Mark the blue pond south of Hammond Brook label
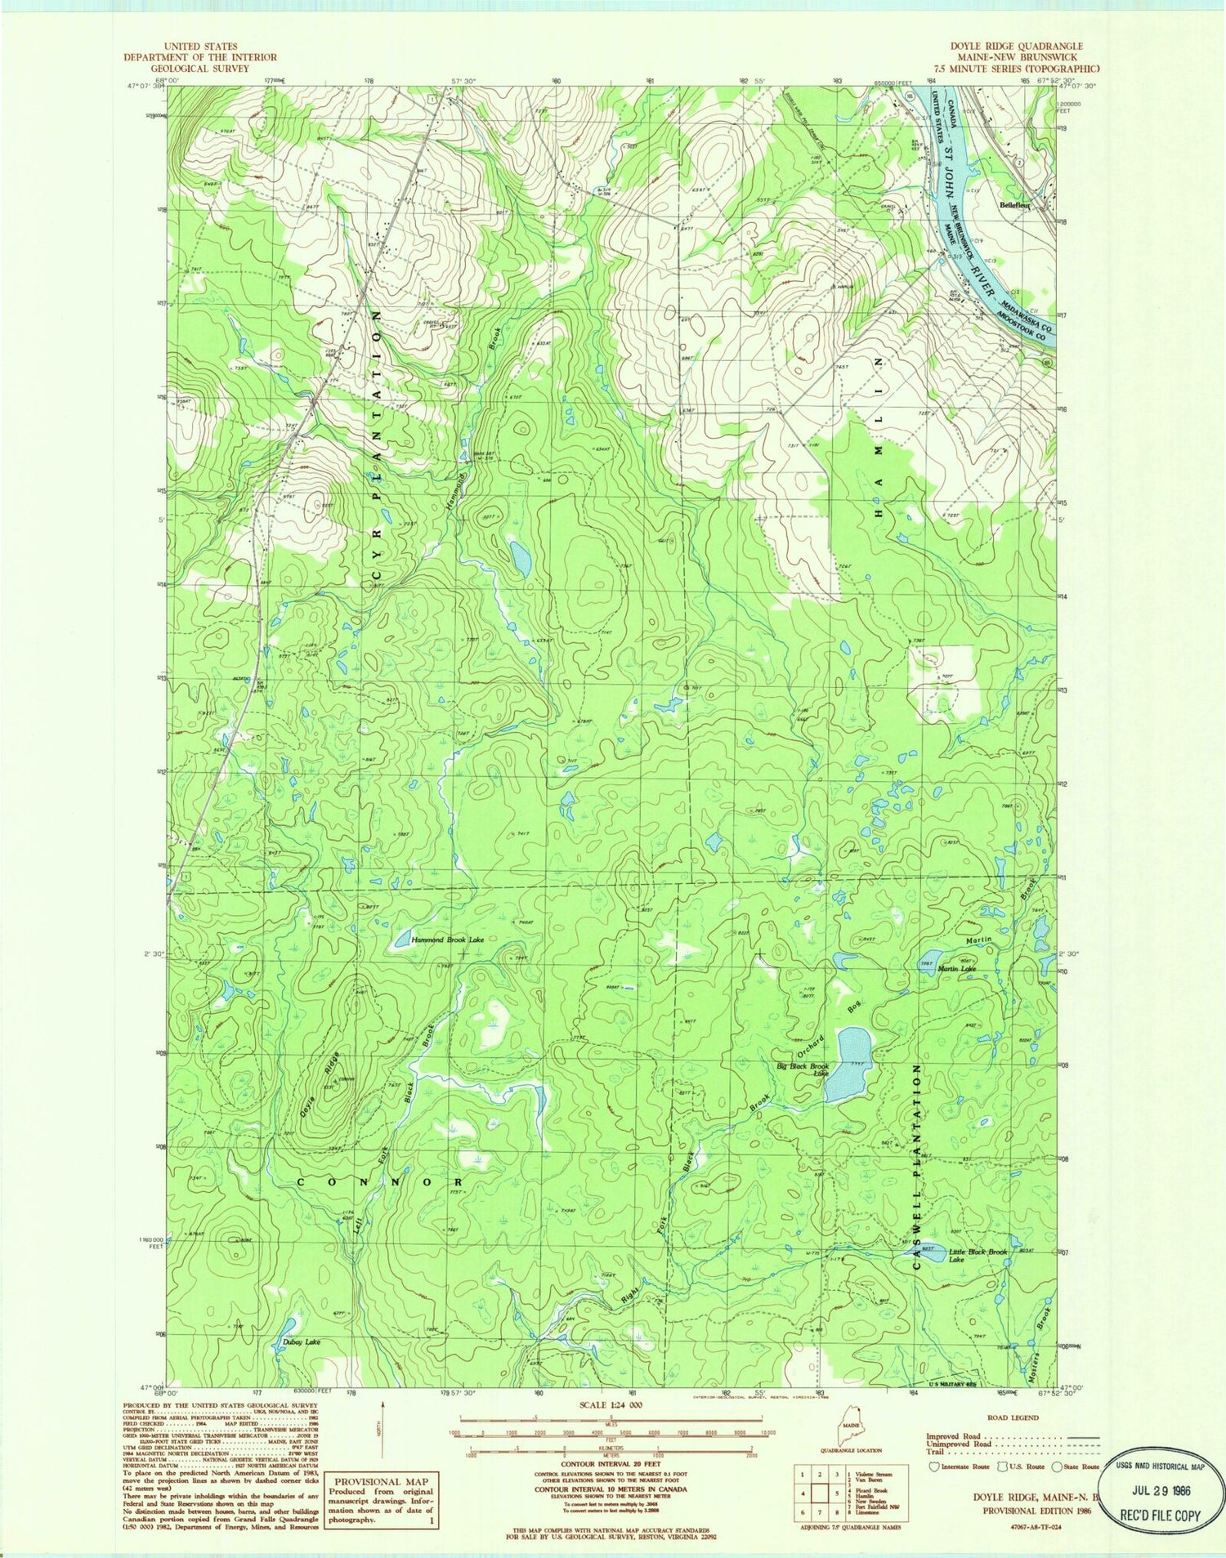(519, 558)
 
